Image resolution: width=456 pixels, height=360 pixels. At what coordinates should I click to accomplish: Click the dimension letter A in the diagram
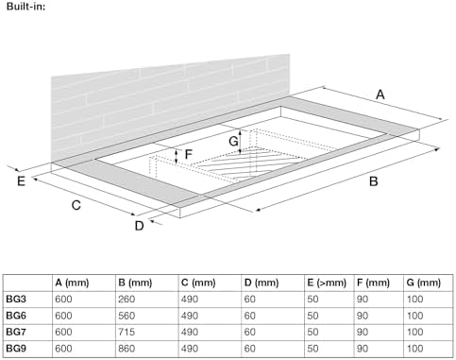pos(380,94)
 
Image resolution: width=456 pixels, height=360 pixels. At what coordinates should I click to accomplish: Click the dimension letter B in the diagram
pos(373,181)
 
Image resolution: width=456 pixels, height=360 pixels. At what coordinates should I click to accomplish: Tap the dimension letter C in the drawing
pos(76,205)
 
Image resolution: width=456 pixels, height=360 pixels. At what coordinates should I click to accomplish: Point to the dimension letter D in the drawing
pos(139,226)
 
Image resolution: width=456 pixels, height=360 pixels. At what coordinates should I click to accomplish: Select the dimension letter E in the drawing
pos(21,181)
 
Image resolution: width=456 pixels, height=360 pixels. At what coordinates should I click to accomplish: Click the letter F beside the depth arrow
pos(188,154)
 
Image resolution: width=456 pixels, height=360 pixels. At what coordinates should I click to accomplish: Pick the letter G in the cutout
pos(233,141)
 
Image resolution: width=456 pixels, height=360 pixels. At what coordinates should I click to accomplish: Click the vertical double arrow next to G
pos(240,142)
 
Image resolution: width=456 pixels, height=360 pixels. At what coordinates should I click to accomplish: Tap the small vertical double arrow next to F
pos(177,157)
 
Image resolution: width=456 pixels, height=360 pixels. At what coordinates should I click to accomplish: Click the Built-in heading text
pos(25,6)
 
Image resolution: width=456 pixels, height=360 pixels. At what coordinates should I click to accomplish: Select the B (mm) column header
pos(135,283)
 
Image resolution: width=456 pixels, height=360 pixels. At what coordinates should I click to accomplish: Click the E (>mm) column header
pos(327,283)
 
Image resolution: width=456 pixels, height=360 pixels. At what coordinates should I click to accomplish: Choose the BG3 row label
pos(16,299)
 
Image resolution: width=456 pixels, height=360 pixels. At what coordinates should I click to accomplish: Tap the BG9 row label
pos(16,349)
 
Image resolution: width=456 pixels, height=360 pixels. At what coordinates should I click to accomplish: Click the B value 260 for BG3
pos(127,299)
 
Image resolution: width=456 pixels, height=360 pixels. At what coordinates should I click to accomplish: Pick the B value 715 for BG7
pos(127,332)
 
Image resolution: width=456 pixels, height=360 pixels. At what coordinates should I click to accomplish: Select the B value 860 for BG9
pos(127,349)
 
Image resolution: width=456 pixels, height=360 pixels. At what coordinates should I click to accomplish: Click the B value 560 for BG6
pos(127,316)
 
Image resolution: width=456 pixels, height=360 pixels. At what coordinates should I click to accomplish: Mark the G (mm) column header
pos(423,283)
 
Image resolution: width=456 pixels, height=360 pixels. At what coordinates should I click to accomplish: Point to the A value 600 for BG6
pos(63,316)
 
